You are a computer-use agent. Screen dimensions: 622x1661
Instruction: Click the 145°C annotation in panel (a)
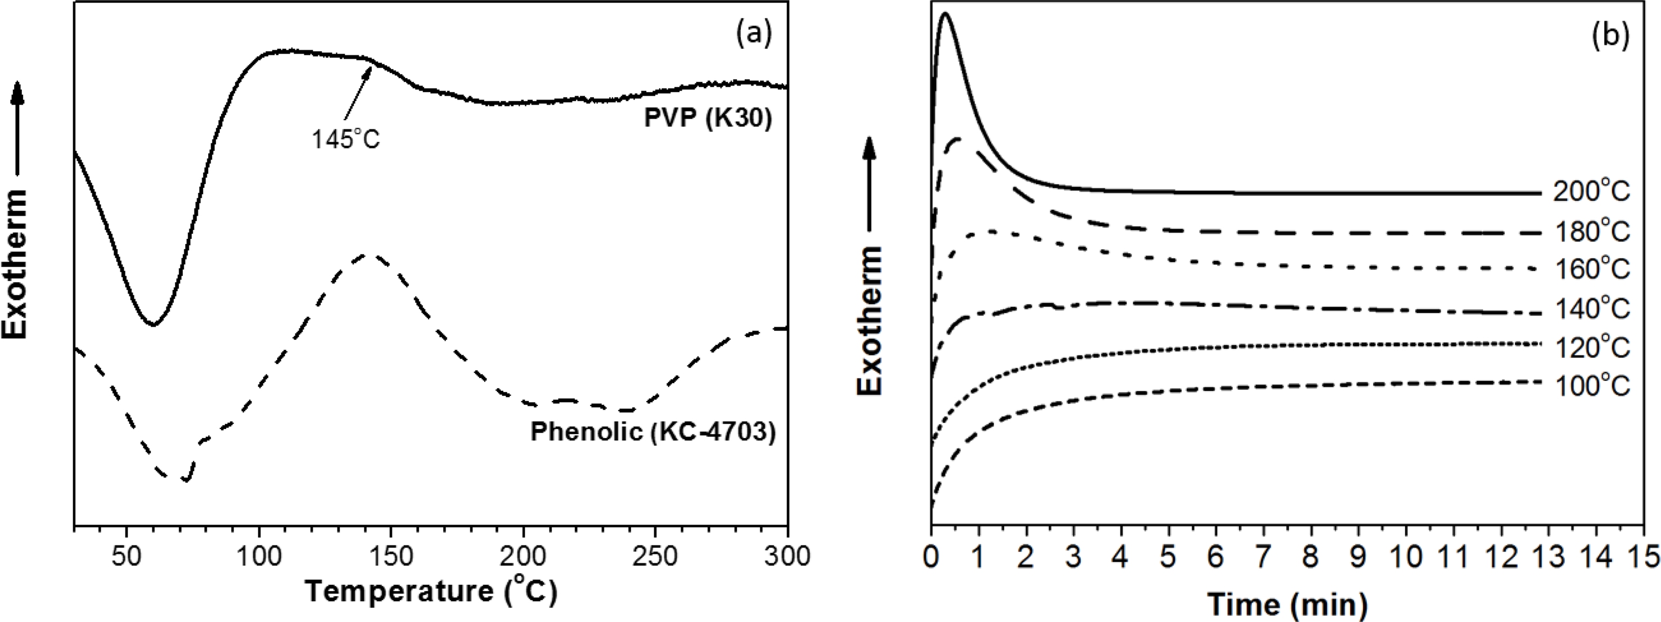pos(346,138)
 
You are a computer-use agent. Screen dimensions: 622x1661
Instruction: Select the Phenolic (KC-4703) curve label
pos(652,431)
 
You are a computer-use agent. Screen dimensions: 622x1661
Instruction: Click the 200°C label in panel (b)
pos(1591,192)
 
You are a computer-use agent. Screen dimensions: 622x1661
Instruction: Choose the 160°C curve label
pos(1591,269)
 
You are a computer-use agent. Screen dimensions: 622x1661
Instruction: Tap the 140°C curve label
pos(1591,309)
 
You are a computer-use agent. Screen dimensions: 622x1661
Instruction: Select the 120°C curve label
pos(1591,348)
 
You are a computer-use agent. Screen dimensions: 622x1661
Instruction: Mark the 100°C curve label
pos(1591,386)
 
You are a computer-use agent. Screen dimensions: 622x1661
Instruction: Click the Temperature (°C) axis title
pos(431,591)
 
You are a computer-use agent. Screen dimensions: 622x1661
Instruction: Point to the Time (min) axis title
pos(1287,604)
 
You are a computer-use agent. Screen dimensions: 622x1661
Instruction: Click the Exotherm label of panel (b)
pos(870,321)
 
